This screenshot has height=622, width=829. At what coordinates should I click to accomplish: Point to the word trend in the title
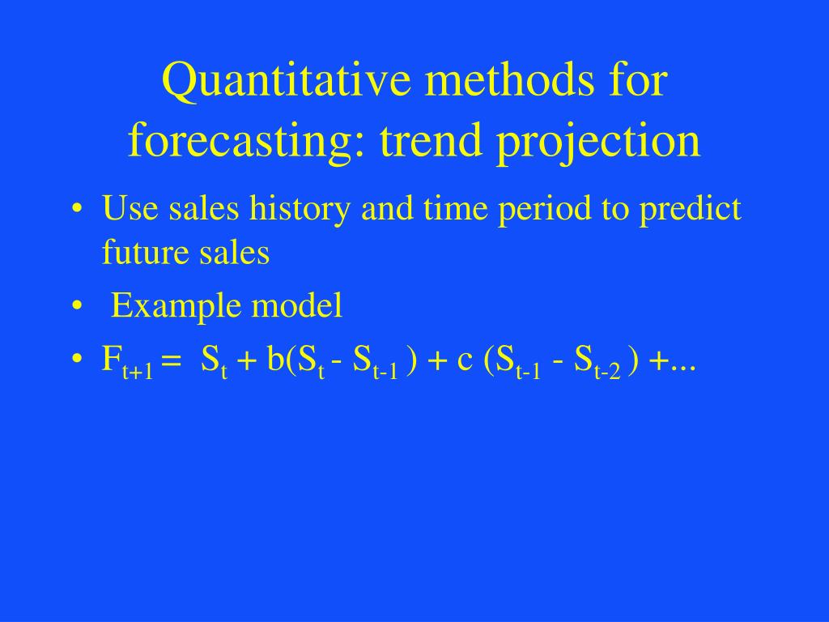pyautogui.click(x=419, y=140)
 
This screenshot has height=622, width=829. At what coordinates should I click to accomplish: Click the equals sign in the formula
pyautogui.click(x=170, y=361)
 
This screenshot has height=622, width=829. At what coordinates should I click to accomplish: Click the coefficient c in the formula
pyautogui.click(x=465, y=359)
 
